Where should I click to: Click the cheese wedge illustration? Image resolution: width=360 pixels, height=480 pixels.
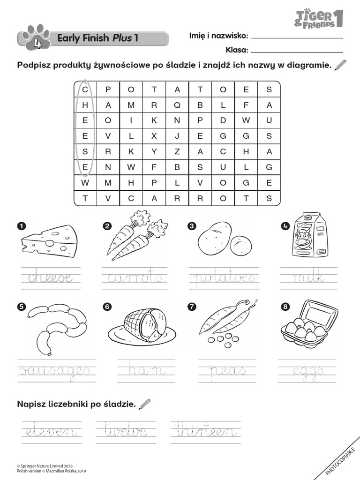click(x=49, y=239)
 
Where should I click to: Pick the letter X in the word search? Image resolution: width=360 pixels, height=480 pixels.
click(x=154, y=136)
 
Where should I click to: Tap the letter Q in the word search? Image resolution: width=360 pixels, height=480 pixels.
click(x=177, y=105)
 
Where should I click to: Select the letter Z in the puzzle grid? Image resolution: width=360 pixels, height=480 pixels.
click(x=177, y=151)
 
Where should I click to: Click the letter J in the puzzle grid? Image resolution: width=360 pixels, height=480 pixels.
click(x=177, y=136)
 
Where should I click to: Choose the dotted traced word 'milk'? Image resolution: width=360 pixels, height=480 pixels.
click(x=308, y=277)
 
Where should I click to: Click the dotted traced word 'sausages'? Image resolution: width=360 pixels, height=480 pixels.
click(x=54, y=371)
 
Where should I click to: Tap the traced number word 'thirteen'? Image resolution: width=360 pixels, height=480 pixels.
click(x=205, y=430)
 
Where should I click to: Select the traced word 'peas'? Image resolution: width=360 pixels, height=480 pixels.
click(x=227, y=371)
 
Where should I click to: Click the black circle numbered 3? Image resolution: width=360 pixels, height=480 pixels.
click(x=191, y=226)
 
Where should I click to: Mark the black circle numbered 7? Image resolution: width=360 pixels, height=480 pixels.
click(x=191, y=307)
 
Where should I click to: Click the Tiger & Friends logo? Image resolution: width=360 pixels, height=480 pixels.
click(x=319, y=18)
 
